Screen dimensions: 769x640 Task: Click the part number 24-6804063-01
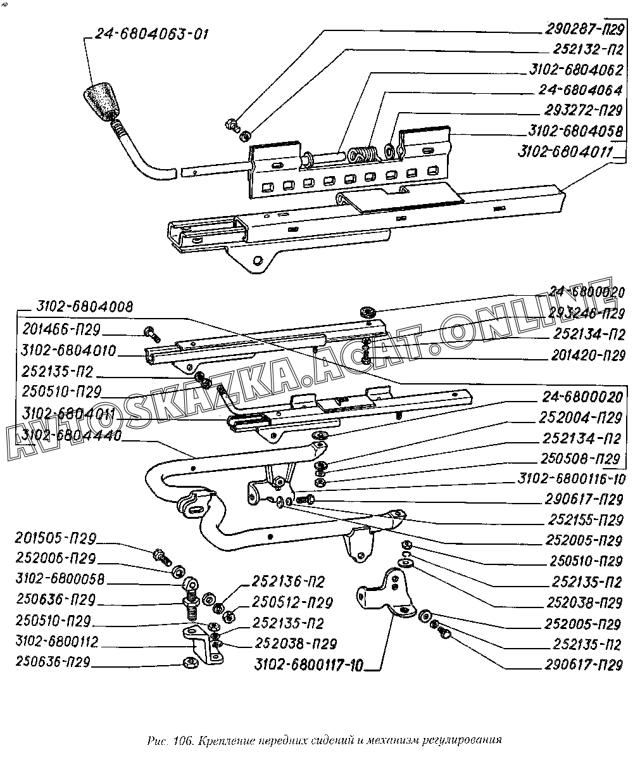tap(152, 34)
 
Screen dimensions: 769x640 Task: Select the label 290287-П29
tap(585, 29)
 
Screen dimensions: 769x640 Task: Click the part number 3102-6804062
tap(575, 69)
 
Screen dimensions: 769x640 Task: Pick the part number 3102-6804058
tap(575, 131)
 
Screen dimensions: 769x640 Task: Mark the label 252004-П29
tap(582, 418)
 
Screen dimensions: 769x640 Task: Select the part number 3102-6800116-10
tap(571, 479)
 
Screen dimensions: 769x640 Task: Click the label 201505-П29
tap(56, 539)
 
